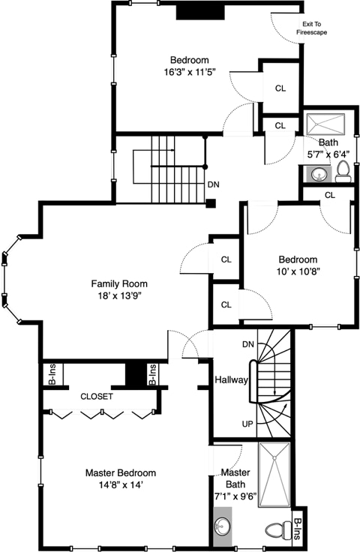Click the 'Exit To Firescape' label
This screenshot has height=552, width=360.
tap(311, 28)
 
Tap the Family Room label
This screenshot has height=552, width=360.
tap(119, 283)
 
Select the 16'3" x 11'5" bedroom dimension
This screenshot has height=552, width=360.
tap(190, 72)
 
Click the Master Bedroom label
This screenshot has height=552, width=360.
tap(121, 472)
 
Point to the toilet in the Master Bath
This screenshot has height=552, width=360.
tap(277, 529)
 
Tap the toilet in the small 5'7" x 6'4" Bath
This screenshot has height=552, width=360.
tap(343, 172)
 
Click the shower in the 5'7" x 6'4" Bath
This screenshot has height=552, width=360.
tap(325, 124)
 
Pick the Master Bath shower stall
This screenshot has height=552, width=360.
tap(274, 475)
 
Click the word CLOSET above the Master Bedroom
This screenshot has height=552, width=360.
tap(97, 397)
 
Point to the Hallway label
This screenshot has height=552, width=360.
tap(231, 379)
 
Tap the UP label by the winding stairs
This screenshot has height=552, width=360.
tap(247, 424)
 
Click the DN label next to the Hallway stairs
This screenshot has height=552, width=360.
tap(248, 344)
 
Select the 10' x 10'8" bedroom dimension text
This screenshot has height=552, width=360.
tap(298, 271)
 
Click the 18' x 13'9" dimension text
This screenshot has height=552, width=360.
tap(120, 296)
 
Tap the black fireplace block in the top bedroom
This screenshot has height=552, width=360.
tap(200, 12)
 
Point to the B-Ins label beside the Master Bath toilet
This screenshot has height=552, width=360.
tap(297, 529)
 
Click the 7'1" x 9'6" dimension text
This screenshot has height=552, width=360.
tap(235, 496)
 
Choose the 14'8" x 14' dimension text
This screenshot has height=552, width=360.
tap(121, 485)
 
